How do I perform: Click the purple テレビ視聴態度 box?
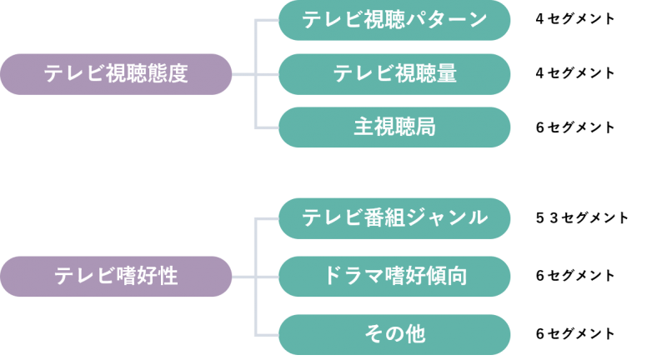[x=116, y=74]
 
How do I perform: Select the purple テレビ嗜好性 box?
[x=116, y=277]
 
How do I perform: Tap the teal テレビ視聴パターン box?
[x=394, y=21]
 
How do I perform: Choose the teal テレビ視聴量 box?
[x=394, y=74]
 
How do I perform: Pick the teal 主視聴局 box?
[x=394, y=127]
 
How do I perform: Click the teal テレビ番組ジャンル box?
[x=394, y=218]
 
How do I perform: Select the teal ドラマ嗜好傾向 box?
[x=394, y=277]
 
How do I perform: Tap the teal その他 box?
[x=394, y=335]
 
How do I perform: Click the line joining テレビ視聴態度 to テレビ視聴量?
[x=255, y=74]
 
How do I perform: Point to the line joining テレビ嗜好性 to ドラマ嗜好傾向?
[x=255, y=277]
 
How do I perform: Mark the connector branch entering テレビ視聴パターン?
[x=267, y=21]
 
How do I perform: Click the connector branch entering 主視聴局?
[x=267, y=127]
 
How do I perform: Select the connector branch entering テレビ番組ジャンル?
[x=267, y=218]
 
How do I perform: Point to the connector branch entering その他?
[x=267, y=335]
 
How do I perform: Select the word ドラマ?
[x=348, y=277]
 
